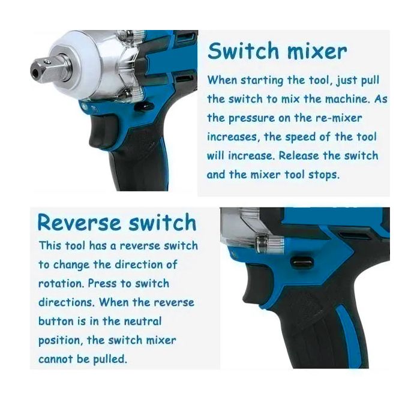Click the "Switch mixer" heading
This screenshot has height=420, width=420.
pos(277,51)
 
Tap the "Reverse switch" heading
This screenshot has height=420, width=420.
pos(117,222)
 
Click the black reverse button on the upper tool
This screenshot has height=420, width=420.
pos(144,107)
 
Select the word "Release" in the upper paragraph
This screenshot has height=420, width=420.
pos(299,155)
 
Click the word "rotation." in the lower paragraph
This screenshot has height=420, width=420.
pos(61,283)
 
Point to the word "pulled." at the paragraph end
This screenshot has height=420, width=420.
pos(110,359)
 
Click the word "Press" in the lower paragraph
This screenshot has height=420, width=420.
pos(101,283)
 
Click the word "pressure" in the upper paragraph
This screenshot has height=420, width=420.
pos(251,118)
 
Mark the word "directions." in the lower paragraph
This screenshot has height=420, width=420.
pos(67,302)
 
